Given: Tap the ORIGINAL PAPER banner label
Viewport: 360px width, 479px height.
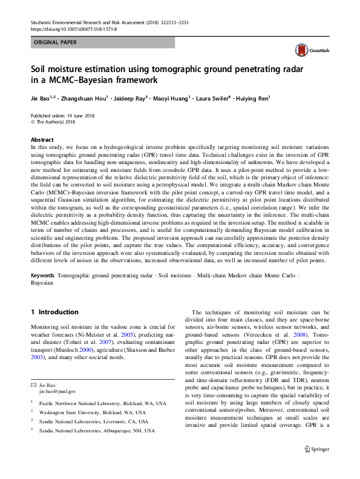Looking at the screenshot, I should pyautogui.click(x=56, y=42).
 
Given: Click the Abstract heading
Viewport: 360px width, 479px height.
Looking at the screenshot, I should pyautogui.click(x=42, y=139).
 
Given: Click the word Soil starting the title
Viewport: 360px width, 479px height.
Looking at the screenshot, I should pyautogui.click(x=41, y=69).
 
